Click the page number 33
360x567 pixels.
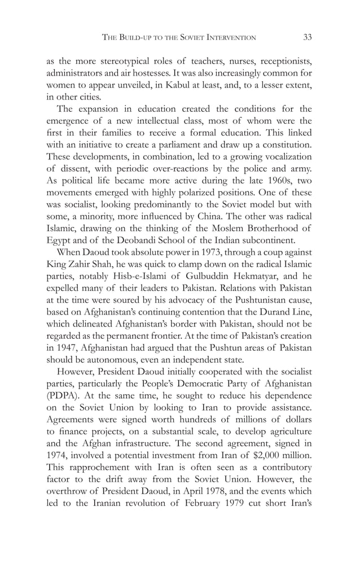(308, 38)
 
